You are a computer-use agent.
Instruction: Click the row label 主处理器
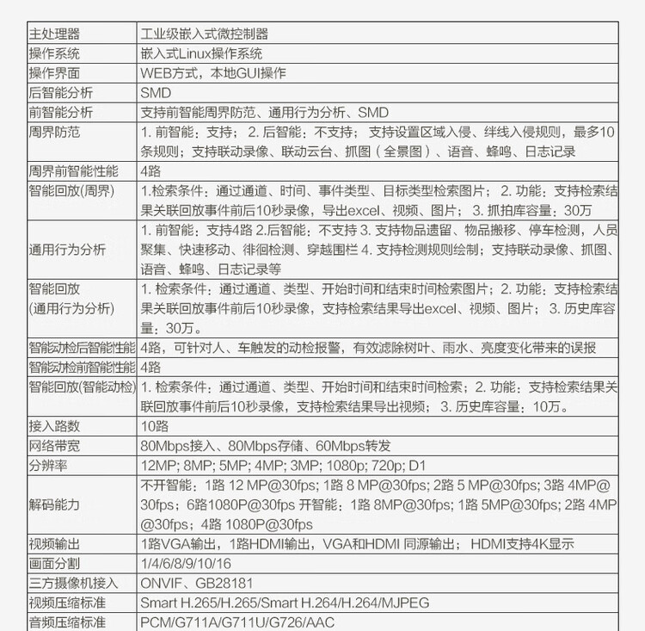54,34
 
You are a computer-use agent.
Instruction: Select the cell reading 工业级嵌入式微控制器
205,34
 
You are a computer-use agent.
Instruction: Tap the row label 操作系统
54,53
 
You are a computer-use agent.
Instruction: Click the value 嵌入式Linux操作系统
208,53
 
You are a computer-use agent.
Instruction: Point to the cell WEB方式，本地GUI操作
213,73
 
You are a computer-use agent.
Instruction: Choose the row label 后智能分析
59,92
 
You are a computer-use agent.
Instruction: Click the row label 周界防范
54,133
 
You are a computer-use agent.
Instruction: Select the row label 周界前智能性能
73,170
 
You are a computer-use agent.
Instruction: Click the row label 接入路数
54,425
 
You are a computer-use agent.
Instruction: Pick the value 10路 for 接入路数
156,425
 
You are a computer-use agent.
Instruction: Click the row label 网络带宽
54,446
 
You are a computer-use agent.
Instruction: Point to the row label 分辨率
48,466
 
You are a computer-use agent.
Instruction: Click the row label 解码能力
54,504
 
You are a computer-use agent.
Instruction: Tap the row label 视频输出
54,544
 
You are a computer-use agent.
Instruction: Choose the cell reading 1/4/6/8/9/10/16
186,564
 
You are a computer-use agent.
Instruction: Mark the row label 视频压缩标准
65,603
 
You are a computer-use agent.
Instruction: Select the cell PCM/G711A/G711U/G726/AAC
236,622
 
